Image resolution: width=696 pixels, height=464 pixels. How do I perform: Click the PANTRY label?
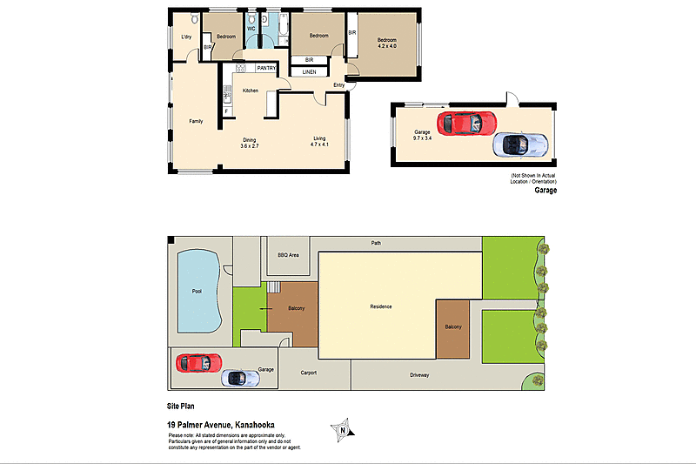pyautogui.click(x=266, y=68)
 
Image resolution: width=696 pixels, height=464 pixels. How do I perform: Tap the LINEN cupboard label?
pyautogui.click(x=309, y=72)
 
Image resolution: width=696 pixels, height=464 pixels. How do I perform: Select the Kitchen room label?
pyautogui.click(x=251, y=91)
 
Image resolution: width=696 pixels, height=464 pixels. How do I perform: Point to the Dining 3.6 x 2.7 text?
pyautogui.click(x=251, y=143)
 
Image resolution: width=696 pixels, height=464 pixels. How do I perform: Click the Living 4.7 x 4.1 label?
pyautogui.click(x=320, y=143)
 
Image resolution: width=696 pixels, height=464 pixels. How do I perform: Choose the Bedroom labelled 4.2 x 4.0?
pyautogui.click(x=386, y=44)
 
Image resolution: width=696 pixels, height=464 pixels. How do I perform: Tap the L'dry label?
pyautogui.click(x=186, y=37)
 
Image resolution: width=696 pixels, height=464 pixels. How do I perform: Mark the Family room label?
pyautogui.click(x=196, y=121)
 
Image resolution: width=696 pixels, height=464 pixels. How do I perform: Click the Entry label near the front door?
pyautogui.click(x=339, y=85)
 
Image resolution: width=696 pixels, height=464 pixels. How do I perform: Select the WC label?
pyautogui.click(x=251, y=29)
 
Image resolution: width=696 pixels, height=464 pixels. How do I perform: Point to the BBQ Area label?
pyautogui.click(x=288, y=255)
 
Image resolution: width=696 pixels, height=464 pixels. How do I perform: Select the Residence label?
pyautogui.click(x=381, y=306)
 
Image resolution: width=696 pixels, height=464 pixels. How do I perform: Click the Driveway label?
pyautogui.click(x=420, y=375)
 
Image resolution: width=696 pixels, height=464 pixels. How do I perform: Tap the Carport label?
pyautogui.click(x=308, y=373)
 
